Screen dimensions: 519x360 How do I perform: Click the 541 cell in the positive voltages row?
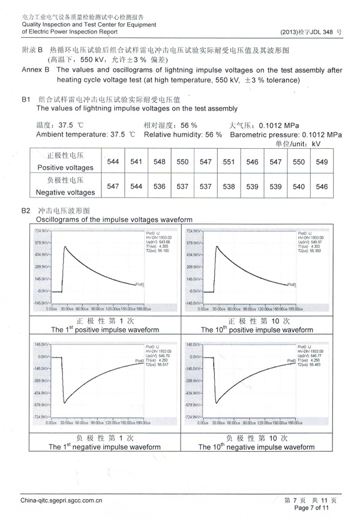136,162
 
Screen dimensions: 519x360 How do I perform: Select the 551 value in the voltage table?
229,162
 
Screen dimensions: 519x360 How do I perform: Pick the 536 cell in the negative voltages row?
160,187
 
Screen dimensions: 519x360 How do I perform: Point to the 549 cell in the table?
322,162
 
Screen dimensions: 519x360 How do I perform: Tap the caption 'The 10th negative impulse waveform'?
256,447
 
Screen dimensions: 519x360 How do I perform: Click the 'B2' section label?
26,211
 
